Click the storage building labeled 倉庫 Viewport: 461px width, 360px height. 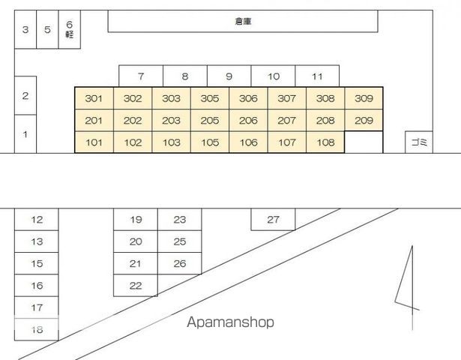243,21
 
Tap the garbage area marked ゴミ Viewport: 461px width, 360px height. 419,142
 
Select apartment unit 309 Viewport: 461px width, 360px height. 364,98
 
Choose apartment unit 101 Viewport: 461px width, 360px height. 94,142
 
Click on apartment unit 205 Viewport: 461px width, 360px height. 210,120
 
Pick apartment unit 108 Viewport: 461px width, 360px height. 325,142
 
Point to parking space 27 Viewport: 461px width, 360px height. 273,220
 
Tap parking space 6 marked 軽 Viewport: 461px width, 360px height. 70,29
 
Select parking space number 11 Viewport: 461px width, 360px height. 317,76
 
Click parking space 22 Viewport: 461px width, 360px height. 136,285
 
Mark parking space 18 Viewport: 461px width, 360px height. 37,329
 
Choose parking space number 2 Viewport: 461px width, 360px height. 25,95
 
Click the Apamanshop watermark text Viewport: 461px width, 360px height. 231,322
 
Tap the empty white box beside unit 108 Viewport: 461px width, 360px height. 364,142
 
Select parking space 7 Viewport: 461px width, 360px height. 141,76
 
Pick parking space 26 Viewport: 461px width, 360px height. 180,263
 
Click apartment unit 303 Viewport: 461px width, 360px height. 171,98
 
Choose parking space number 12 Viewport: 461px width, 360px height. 37,220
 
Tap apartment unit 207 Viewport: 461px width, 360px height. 286,120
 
